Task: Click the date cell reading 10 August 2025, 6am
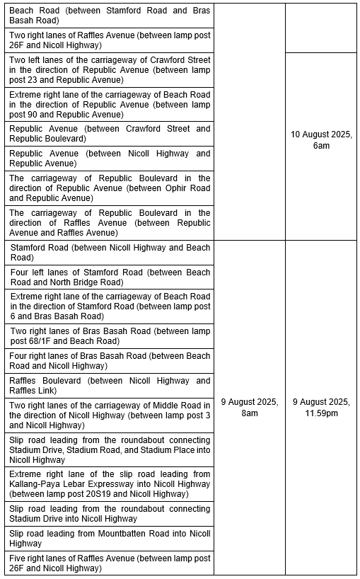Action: (321, 139)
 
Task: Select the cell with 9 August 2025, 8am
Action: (249, 407)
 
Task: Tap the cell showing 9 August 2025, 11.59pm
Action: (321, 407)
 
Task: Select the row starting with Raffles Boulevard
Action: (110, 385)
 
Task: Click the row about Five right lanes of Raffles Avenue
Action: (110, 563)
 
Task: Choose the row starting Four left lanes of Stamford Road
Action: (110, 277)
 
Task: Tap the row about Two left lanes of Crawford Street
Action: (110, 70)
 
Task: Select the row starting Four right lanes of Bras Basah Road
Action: (110, 360)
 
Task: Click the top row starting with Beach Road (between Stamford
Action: (110, 16)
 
